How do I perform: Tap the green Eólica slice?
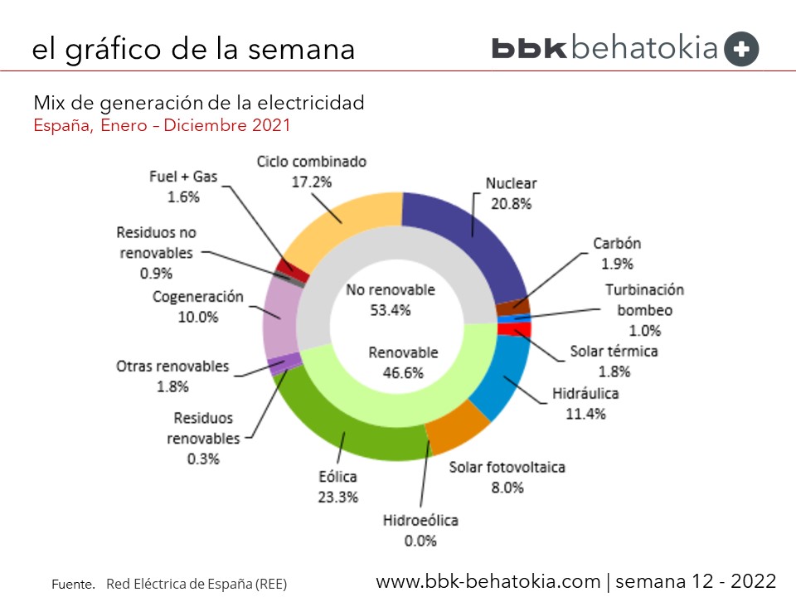[348, 431]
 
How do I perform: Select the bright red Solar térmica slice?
[514, 329]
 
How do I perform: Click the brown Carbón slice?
[512, 307]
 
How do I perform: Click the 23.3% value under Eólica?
[337, 497]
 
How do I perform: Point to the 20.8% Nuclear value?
[511, 203]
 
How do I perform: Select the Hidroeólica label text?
[420, 521]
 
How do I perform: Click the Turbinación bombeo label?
[644, 300]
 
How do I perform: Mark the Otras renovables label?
[172, 366]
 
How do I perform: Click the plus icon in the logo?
[741, 49]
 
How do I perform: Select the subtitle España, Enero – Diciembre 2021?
[162, 126]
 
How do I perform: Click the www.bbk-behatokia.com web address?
[488, 580]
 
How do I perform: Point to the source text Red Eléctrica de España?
[197, 584]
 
